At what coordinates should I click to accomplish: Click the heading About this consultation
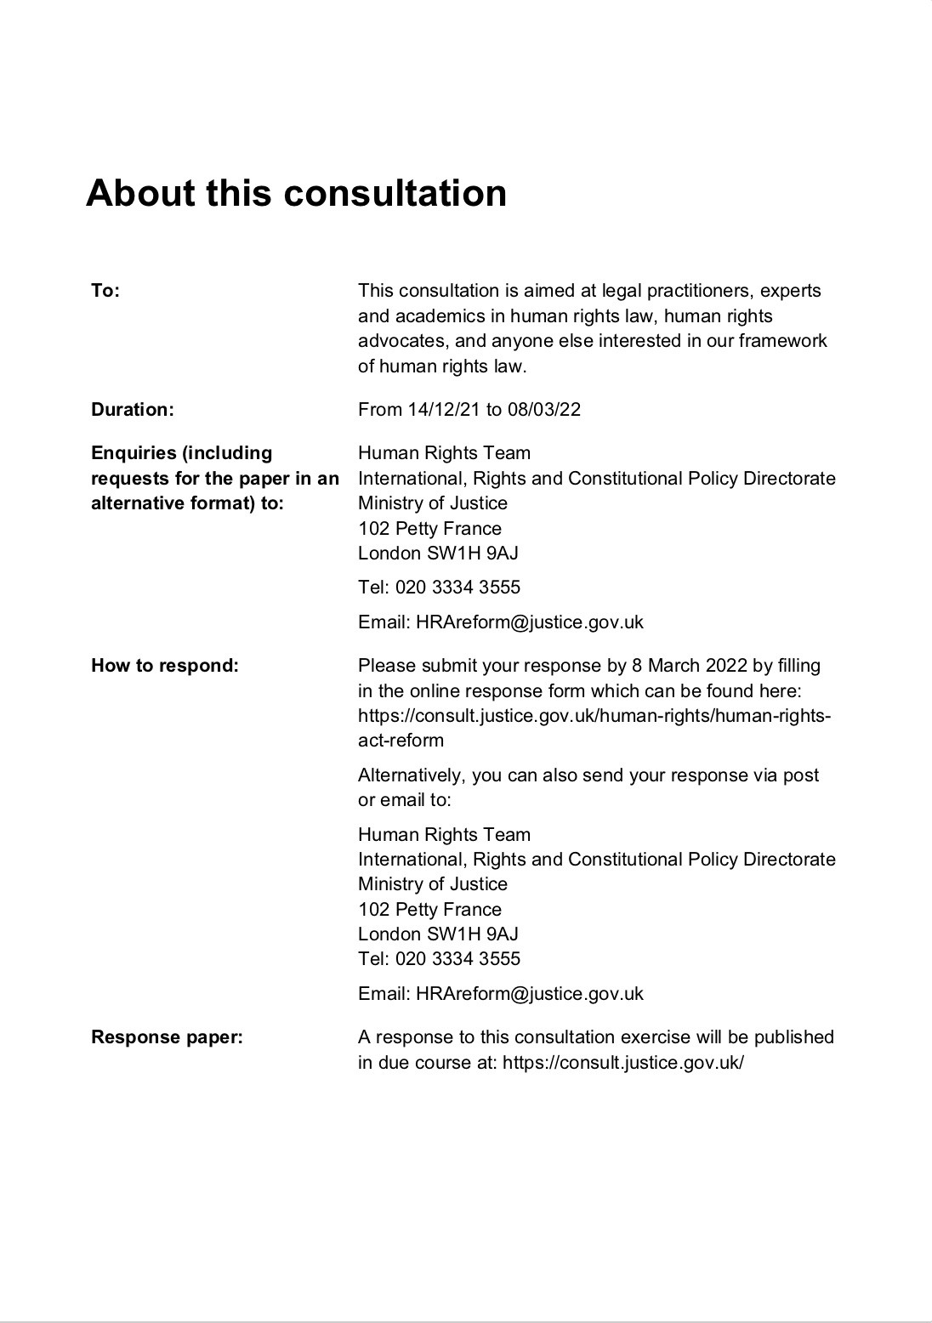click(296, 193)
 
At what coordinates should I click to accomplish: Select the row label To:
click(105, 291)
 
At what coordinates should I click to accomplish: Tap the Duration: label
click(132, 410)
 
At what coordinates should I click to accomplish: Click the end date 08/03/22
click(544, 410)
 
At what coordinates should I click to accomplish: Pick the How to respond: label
click(165, 666)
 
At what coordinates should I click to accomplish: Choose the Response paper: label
click(167, 1037)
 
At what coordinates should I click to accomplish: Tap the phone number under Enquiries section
click(457, 588)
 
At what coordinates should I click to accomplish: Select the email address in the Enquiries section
click(529, 622)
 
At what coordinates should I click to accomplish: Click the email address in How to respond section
click(529, 994)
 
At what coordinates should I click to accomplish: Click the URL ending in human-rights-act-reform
click(594, 716)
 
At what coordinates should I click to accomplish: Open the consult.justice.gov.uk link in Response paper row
click(623, 1063)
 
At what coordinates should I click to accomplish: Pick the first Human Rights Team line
click(444, 453)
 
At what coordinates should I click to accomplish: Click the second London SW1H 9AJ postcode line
click(438, 934)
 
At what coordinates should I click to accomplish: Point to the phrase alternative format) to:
click(187, 503)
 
